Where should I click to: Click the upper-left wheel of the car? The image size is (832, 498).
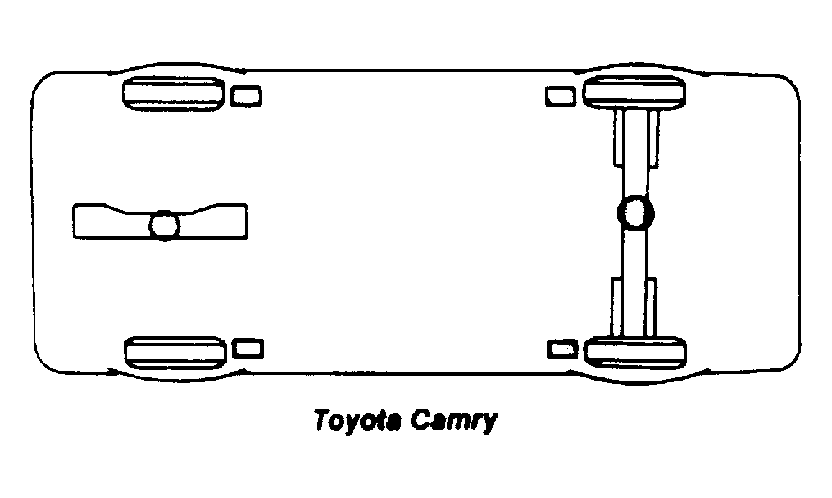tap(174, 94)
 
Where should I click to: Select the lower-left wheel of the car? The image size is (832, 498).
tap(175, 353)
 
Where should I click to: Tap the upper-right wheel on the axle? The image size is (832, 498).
tap(634, 93)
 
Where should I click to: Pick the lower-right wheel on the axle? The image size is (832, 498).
tap(635, 352)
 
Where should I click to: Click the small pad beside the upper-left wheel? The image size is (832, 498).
tap(246, 96)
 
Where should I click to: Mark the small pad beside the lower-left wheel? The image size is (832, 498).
tap(248, 349)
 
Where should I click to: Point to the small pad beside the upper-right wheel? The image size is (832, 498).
tap(561, 97)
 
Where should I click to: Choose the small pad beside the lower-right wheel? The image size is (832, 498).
tap(562, 350)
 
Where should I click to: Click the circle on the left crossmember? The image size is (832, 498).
tap(165, 226)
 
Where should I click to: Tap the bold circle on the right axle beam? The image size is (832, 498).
tap(635, 212)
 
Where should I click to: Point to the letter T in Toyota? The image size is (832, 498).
tap(323, 419)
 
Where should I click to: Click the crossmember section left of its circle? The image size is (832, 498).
tap(111, 222)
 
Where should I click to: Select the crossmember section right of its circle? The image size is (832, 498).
tap(213, 222)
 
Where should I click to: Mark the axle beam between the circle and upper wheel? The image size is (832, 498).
tap(636, 153)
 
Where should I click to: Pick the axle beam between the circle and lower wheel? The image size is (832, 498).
tap(635, 283)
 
